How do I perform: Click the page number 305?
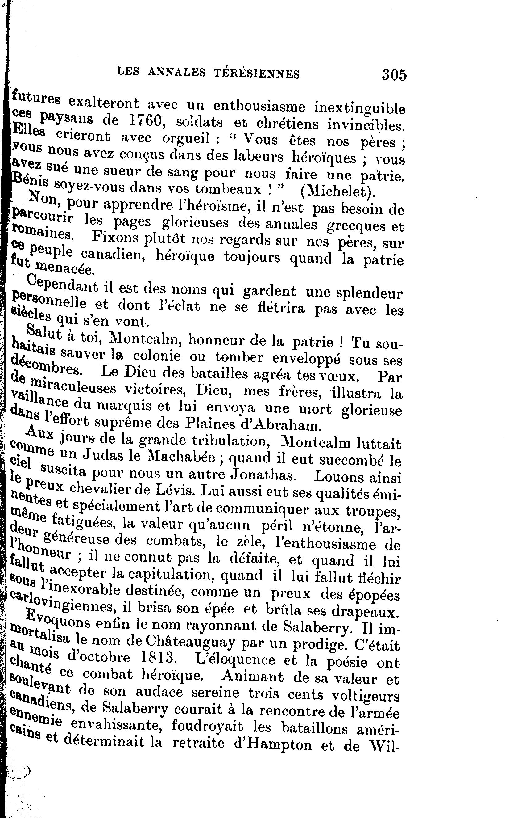point(395,74)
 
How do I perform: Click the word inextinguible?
point(360,108)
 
